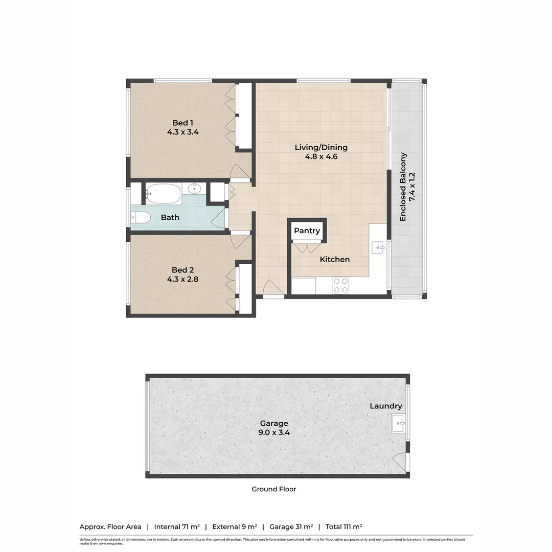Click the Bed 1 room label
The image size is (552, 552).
[x=182, y=123]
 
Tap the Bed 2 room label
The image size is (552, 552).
[x=182, y=270]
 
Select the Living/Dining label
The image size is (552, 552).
[x=321, y=148]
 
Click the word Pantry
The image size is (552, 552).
[x=307, y=231]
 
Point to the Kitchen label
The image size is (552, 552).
[x=335, y=260]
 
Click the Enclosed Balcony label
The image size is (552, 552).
[x=403, y=187]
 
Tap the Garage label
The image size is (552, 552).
[x=274, y=423]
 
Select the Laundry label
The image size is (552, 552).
[x=386, y=406]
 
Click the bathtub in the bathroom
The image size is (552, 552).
[x=163, y=193]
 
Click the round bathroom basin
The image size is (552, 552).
[x=195, y=189]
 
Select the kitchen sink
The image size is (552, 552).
[x=379, y=248]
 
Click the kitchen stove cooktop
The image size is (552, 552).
[x=341, y=285]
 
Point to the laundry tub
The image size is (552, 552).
[x=399, y=423]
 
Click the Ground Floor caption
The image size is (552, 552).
[x=273, y=489]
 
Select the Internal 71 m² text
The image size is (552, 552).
[x=177, y=526]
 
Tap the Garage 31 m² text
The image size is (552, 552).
[x=289, y=526]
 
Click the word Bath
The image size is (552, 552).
[x=170, y=218]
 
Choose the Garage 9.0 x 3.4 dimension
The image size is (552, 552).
[x=274, y=432]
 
